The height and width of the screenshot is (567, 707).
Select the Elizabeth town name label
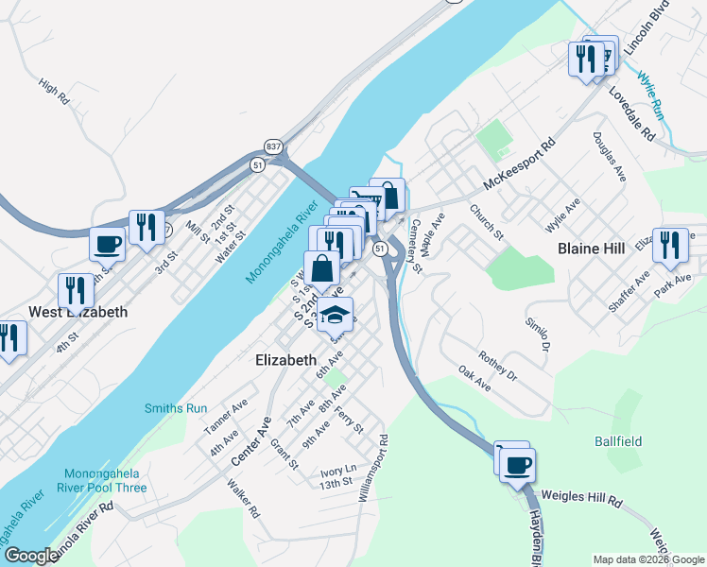[286, 360]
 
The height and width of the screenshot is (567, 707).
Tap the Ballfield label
[618, 441]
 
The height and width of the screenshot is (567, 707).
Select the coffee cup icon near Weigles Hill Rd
[518, 464]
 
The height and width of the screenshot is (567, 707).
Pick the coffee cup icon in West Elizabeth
[107, 244]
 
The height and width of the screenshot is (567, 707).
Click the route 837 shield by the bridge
[274, 146]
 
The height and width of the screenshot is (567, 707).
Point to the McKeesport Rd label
[516, 165]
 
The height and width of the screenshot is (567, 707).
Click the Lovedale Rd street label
[632, 112]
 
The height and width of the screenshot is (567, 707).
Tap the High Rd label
[55, 92]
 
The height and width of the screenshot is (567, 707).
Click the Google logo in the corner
[31, 556]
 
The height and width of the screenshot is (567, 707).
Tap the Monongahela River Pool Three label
[105, 480]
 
